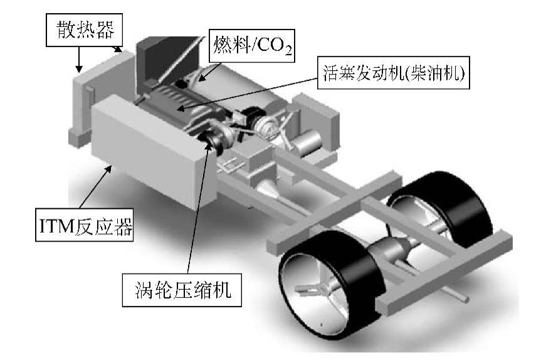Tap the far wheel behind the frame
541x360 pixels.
click(x=439, y=213)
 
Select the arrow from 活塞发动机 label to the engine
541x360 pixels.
click(x=251, y=91)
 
